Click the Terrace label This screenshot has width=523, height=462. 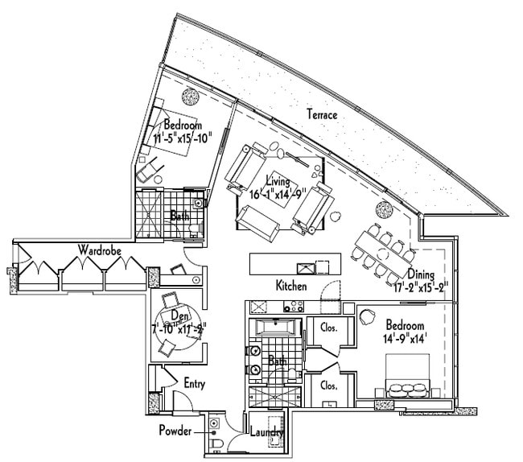pos(322,115)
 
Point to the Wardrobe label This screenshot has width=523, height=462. pos(100,250)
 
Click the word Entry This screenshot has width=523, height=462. pos(195,384)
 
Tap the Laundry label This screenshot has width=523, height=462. pos(266,433)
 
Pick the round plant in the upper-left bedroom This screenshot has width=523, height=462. pos(191,96)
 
